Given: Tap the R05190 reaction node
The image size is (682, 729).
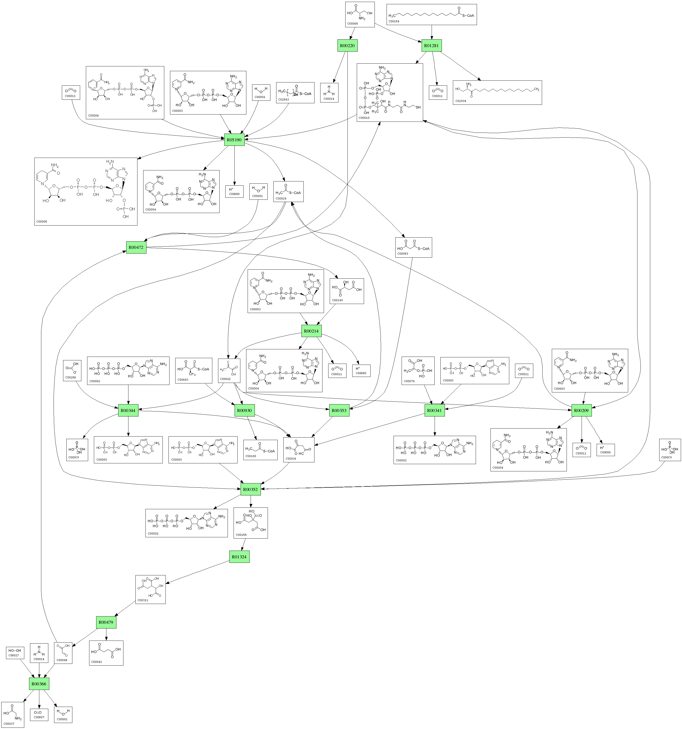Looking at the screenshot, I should click(x=234, y=140).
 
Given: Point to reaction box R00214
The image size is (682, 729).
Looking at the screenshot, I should click(x=311, y=331).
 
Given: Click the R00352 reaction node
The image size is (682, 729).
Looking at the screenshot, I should click(x=251, y=489).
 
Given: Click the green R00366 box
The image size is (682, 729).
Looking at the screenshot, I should click(x=39, y=684).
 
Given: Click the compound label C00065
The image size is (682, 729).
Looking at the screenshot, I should click(x=352, y=24).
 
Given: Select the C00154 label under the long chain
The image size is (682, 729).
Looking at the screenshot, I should click(x=394, y=22).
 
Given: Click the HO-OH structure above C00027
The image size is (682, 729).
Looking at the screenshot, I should click(x=15, y=651).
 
